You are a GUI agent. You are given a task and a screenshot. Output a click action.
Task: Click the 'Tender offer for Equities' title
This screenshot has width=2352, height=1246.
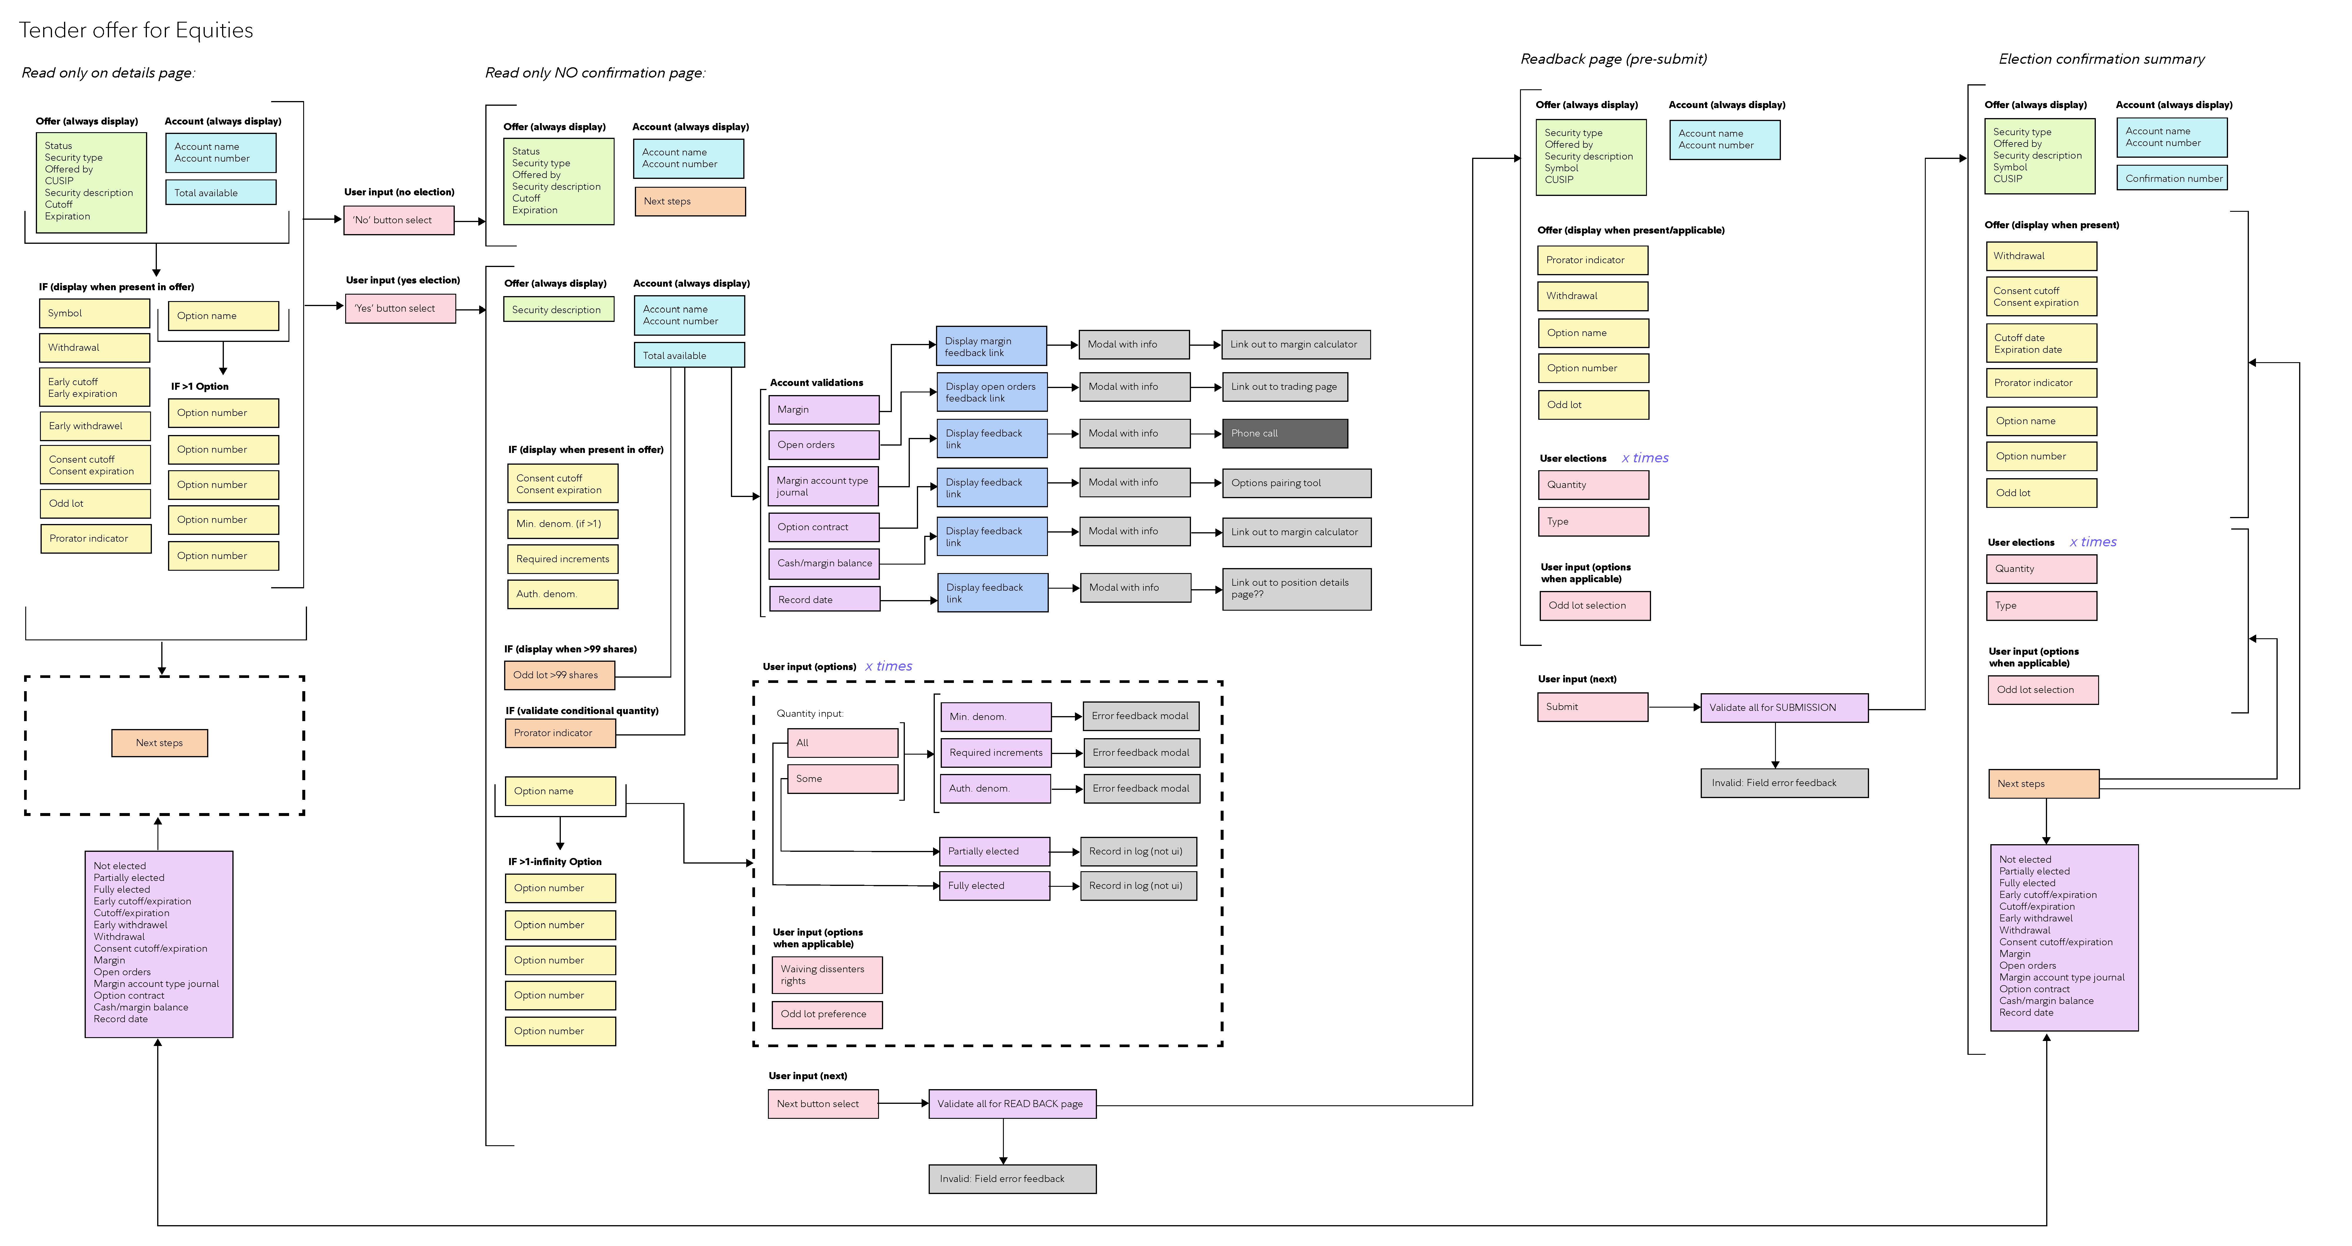[x=136, y=30]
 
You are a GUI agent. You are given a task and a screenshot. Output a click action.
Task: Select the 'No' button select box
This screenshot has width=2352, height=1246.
[x=399, y=220]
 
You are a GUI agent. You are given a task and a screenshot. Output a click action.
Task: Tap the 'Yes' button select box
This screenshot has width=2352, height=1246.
[x=400, y=308]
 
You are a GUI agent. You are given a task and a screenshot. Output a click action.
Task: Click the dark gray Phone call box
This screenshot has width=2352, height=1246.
[x=1285, y=434]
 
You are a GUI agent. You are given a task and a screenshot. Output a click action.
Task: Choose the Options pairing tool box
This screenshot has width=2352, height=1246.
[x=1296, y=483]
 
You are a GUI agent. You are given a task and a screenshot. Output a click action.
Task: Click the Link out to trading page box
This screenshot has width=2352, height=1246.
[x=1285, y=387]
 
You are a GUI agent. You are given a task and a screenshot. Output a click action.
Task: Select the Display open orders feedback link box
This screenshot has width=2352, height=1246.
[x=992, y=392]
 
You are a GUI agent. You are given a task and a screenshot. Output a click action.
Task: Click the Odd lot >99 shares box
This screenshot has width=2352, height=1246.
[x=559, y=676]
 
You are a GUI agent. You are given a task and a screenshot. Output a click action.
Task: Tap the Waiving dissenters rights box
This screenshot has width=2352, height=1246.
[x=827, y=975]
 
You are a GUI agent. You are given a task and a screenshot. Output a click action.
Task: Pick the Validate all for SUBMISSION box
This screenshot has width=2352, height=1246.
[x=1784, y=707]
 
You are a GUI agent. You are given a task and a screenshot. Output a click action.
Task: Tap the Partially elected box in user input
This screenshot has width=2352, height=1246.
[x=994, y=852]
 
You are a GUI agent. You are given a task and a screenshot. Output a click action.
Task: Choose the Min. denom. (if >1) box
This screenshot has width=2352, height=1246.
[x=562, y=524]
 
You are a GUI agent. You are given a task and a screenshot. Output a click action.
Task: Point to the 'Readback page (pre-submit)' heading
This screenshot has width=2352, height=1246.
[x=1613, y=59]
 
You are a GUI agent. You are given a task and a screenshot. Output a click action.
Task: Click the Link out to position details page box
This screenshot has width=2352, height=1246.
[x=1296, y=589]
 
